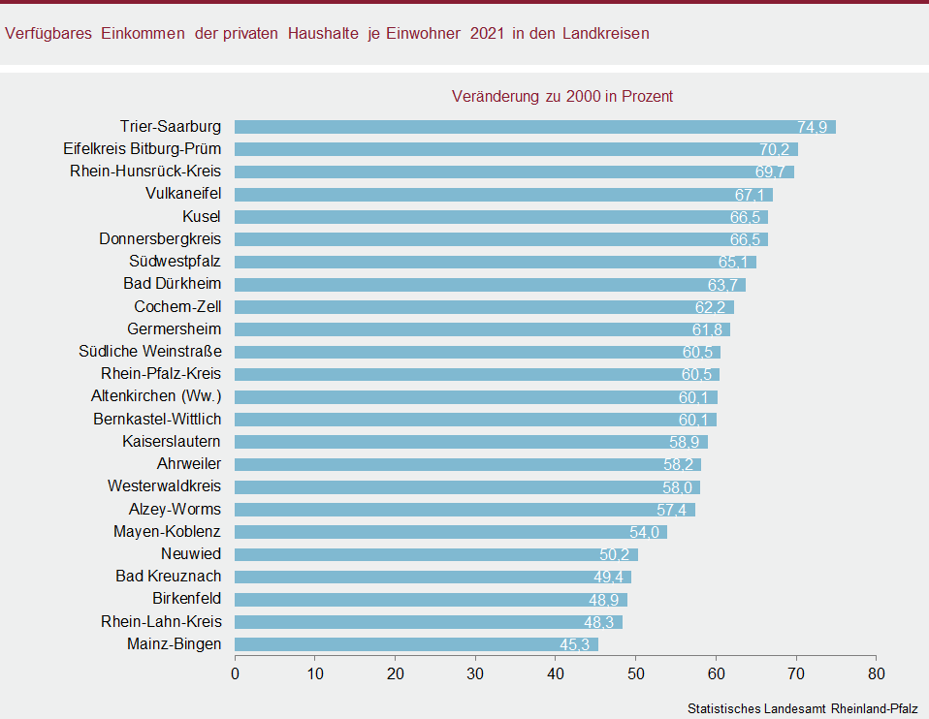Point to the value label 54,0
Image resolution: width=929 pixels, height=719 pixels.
coord(645,532)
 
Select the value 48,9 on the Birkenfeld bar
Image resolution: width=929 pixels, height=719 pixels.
coord(604,600)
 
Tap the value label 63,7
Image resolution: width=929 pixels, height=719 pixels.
coord(723,285)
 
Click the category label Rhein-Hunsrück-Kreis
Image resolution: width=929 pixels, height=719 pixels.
coord(145,172)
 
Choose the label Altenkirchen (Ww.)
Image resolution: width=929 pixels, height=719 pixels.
coord(156,396)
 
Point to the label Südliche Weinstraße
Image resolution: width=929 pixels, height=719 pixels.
coord(150,351)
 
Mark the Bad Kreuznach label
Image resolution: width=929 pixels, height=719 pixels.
coord(169,577)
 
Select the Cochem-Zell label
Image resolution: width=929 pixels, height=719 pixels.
coord(177,306)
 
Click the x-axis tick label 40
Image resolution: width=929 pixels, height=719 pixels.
coord(556,672)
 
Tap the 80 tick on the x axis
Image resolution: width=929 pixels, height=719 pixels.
coord(876,672)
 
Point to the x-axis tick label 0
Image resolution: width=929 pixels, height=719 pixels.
coord(235,672)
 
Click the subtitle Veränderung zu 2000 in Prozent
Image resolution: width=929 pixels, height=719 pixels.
coord(562,96)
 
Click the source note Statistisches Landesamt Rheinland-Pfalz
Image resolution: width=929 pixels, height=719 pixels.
coord(802,708)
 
